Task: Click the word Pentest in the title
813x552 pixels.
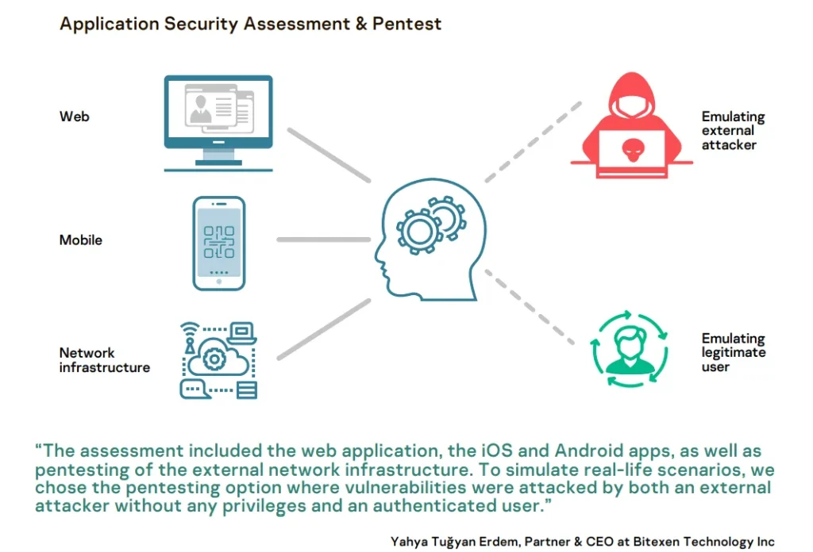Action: [406, 24]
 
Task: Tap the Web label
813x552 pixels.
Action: [74, 117]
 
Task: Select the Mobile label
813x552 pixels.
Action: [80, 240]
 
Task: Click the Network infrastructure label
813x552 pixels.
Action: [105, 360]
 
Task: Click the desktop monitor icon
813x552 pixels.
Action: [218, 123]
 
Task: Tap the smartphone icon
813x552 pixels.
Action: [219, 243]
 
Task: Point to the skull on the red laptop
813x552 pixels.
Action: [633, 150]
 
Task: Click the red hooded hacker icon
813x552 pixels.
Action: [631, 125]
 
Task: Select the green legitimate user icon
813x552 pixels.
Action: [630, 348]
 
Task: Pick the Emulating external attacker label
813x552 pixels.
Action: [733, 131]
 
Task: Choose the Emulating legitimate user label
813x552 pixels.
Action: [734, 352]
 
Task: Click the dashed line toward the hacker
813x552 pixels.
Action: [533, 142]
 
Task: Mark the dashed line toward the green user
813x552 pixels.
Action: [530, 307]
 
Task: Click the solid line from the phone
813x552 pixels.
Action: [324, 240]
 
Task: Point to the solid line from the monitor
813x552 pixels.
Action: [329, 155]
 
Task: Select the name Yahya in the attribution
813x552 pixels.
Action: [409, 542]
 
